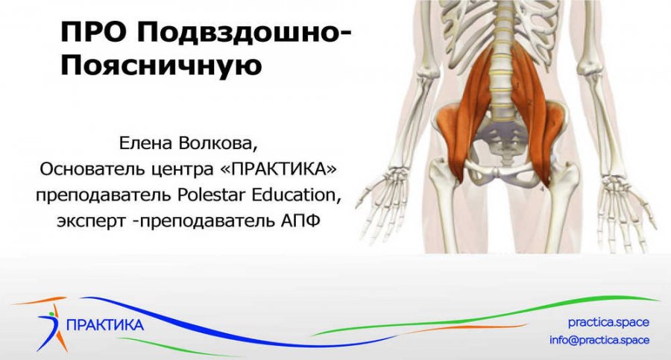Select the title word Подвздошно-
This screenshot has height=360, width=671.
click(x=247, y=35)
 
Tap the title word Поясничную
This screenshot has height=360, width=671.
click(x=160, y=65)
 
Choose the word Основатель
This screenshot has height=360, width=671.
click(x=86, y=169)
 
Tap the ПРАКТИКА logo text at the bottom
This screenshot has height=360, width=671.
click(x=105, y=325)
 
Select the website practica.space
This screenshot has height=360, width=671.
click(x=608, y=323)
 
